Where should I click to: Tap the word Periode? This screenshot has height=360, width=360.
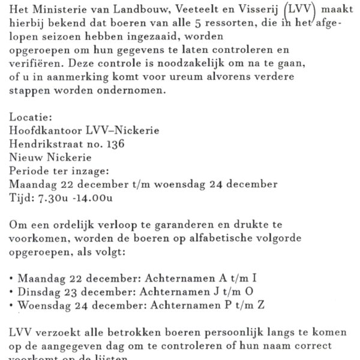click(30, 170)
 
